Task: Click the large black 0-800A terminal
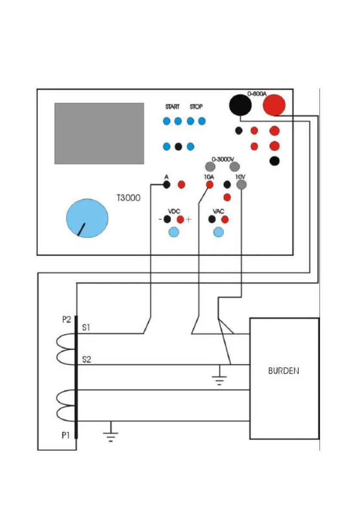240,104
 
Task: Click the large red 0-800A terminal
274,104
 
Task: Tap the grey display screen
99,133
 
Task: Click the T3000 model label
128,199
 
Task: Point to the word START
172,107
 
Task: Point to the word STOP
196,107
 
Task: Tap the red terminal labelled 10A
210,185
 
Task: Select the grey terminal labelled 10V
241,185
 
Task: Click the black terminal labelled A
167,185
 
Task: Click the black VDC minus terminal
168,219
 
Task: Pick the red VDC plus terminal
180,219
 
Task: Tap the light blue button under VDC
174,232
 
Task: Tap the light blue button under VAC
219,232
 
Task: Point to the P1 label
64,436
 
